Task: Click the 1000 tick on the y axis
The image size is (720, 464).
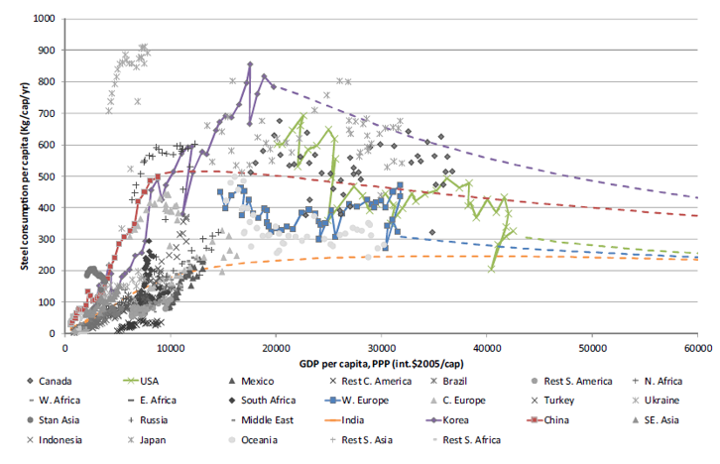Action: [43, 19]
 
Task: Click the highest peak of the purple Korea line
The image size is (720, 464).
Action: [250, 64]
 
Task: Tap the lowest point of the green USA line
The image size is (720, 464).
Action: [492, 269]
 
